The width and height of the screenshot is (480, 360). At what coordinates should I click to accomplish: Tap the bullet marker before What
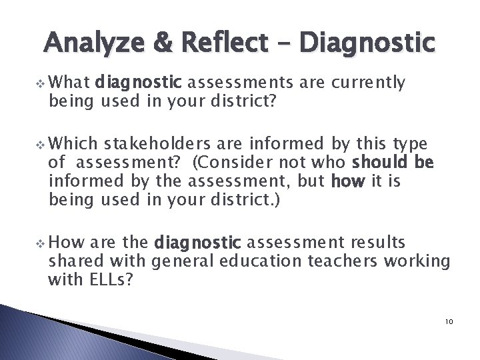pyautogui.click(x=42, y=84)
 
